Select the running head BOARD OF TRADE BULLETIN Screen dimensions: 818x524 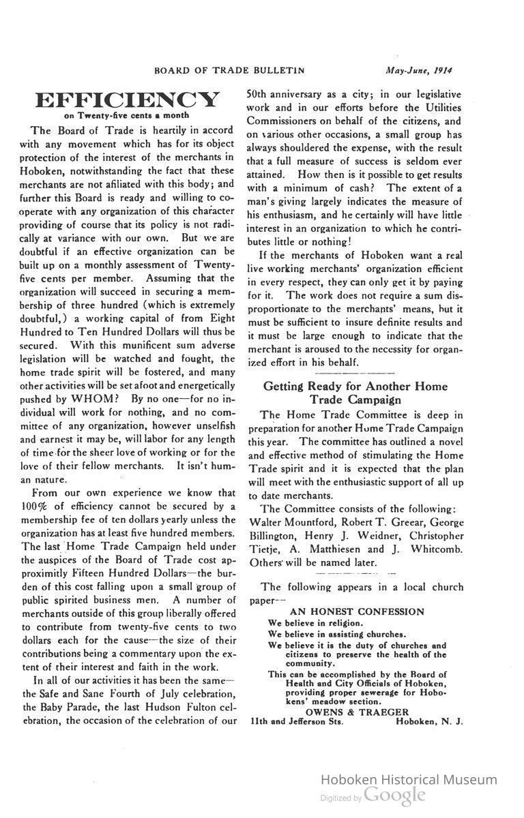(229, 70)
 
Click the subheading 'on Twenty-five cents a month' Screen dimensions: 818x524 (127, 116)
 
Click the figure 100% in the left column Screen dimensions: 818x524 (33, 506)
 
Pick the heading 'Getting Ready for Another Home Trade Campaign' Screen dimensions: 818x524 (355, 393)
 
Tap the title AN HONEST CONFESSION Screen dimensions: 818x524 (356, 611)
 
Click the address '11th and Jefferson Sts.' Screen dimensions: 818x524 (297, 722)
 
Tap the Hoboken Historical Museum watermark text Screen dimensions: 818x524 (409, 780)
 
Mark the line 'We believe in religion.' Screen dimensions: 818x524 (315, 622)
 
